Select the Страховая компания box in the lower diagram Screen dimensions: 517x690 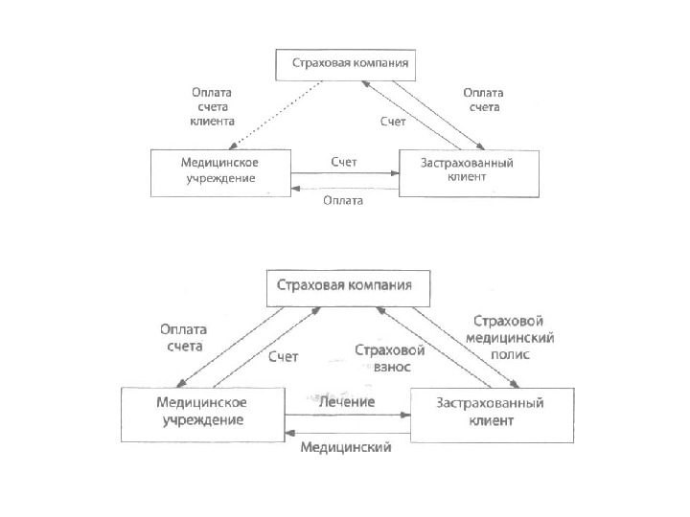click(x=346, y=285)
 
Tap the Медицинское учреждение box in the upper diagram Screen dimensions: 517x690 click(x=219, y=171)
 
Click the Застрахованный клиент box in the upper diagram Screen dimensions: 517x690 click(x=468, y=171)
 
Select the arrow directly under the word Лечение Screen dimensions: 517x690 click(x=347, y=416)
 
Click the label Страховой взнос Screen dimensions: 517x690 click(x=390, y=358)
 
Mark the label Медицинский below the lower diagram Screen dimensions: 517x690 click(x=346, y=447)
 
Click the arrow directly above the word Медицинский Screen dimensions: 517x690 click(x=347, y=433)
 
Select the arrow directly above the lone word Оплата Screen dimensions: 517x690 click(x=345, y=187)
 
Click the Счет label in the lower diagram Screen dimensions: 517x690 click(x=283, y=357)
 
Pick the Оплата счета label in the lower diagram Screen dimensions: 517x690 click(x=183, y=336)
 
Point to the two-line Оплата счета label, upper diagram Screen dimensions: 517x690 click(x=483, y=101)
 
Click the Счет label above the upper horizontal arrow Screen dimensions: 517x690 click(x=344, y=162)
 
